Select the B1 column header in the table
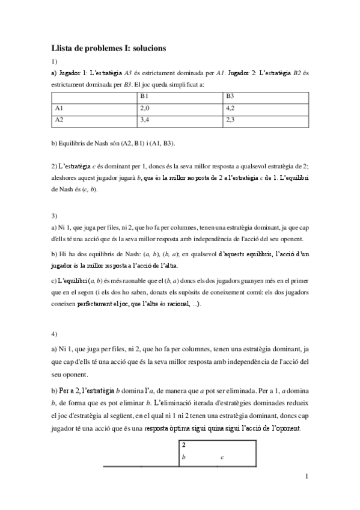tap(144, 97)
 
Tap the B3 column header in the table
tap(230, 97)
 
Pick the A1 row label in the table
tap(59, 109)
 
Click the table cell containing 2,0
tap(144, 109)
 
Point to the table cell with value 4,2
tap(231, 109)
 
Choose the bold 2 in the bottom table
tap(184, 446)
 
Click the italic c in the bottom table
tap(222, 458)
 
